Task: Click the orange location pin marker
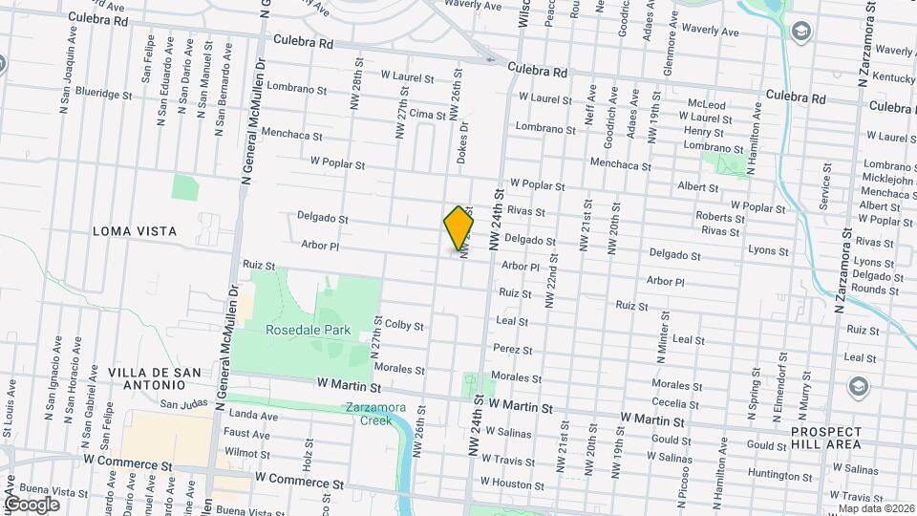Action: pos(458,226)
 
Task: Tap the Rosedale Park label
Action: pos(309,330)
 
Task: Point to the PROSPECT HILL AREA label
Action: pos(825,438)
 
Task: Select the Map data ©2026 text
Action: pos(876,508)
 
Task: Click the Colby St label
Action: pos(403,326)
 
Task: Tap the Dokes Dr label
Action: pos(462,140)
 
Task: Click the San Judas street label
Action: pos(183,403)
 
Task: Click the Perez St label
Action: pos(513,351)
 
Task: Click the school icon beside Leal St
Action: pos(858,386)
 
